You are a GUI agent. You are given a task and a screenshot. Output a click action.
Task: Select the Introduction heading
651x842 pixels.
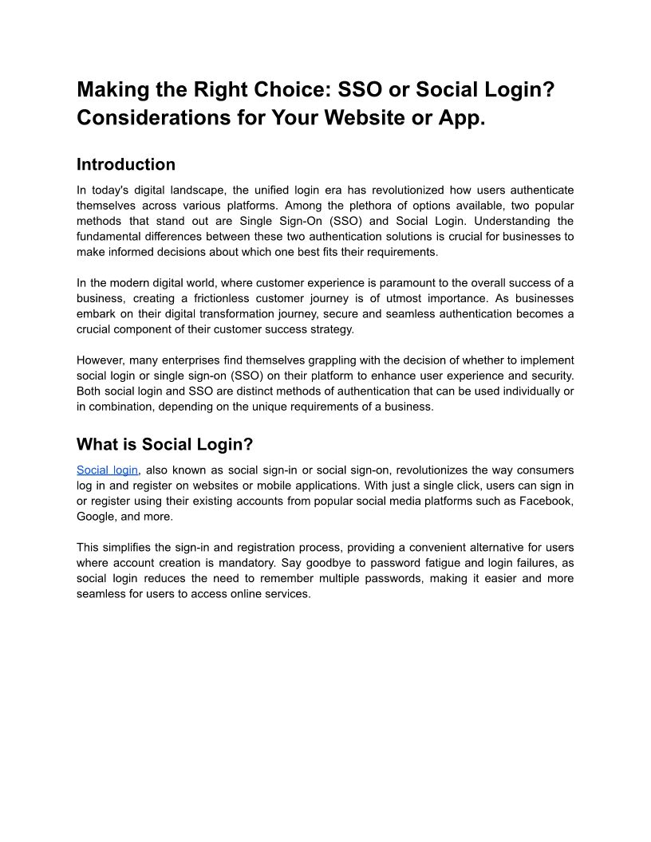[x=126, y=165]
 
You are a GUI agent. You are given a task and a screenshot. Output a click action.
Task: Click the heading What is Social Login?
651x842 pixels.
[x=164, y=444]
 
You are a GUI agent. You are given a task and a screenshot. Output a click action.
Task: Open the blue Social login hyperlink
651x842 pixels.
[x=107, y=470]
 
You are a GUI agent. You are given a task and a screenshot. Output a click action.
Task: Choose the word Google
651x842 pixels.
[x=95, y=516]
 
